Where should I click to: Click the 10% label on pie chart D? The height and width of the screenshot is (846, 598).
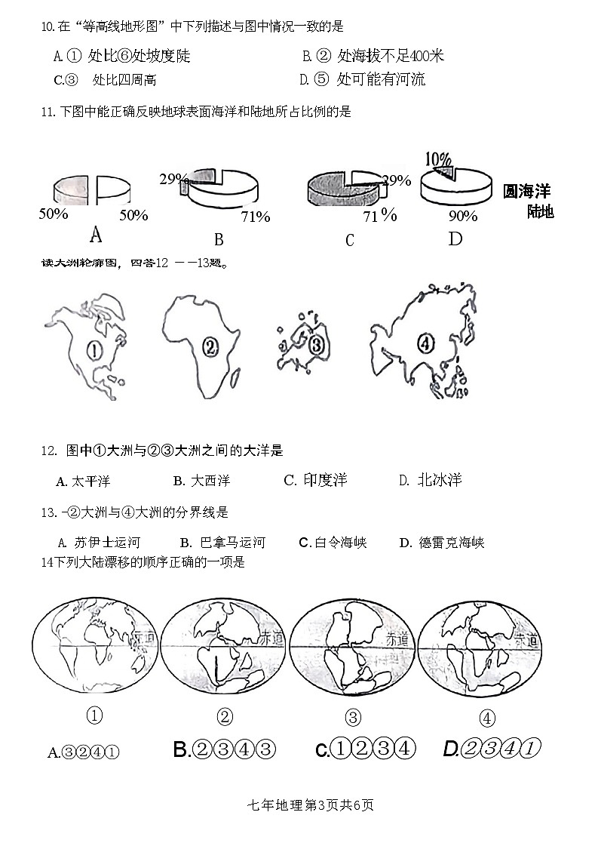(x=438, y=159)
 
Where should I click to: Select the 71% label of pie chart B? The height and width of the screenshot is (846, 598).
(x=255, y=217)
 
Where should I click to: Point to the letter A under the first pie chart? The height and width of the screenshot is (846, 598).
(x=96, y=235)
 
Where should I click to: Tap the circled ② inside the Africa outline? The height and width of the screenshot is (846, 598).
(x=210, y=346)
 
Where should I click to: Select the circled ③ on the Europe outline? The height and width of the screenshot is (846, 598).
(x=316, y=346)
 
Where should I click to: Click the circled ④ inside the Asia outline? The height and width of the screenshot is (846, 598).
(x=426, y=344)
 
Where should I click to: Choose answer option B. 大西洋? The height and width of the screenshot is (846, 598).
(x=201, y=481)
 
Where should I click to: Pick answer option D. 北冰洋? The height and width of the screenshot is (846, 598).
(x=430, y=481)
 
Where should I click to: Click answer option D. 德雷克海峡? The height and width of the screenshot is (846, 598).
(x=442, y=543)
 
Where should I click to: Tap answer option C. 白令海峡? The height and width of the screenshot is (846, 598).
(x=333, y=543)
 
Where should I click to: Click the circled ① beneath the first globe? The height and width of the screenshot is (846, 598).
(x=95, y=715)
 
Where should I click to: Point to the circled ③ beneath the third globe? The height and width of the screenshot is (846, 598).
(x=352, y=717)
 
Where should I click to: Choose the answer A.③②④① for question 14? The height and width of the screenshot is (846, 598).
(x=84, y=752)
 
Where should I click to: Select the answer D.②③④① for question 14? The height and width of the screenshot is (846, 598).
(x=492, y=749)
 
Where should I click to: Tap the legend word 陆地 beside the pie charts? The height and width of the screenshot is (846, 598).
(x=540, y=211)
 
